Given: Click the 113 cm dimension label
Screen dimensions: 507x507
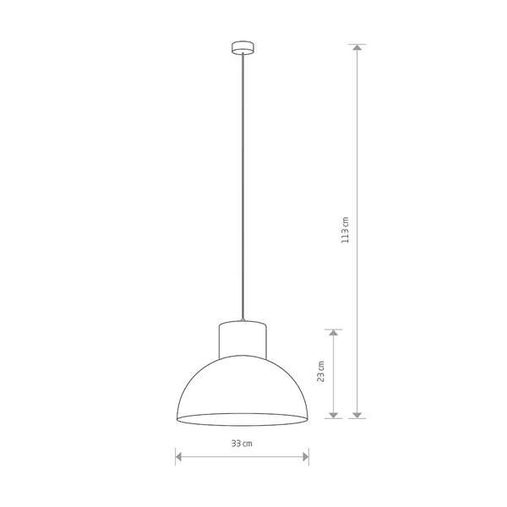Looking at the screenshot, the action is click(346, 230).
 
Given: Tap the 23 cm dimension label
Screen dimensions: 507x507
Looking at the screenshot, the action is click(321, 371).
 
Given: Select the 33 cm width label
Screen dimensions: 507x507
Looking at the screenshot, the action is click(242, 444).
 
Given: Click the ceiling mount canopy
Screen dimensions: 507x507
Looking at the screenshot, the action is click(243, 47).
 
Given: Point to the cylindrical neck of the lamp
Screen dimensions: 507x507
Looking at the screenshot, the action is click(243, 340).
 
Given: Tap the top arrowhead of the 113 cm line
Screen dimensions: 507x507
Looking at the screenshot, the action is click(357, 47).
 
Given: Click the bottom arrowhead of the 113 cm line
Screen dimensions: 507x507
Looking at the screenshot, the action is click(357, 415).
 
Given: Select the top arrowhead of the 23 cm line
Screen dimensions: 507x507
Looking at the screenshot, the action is click(334, 333).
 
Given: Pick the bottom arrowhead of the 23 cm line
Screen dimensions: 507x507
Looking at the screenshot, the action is click(334, 415).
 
